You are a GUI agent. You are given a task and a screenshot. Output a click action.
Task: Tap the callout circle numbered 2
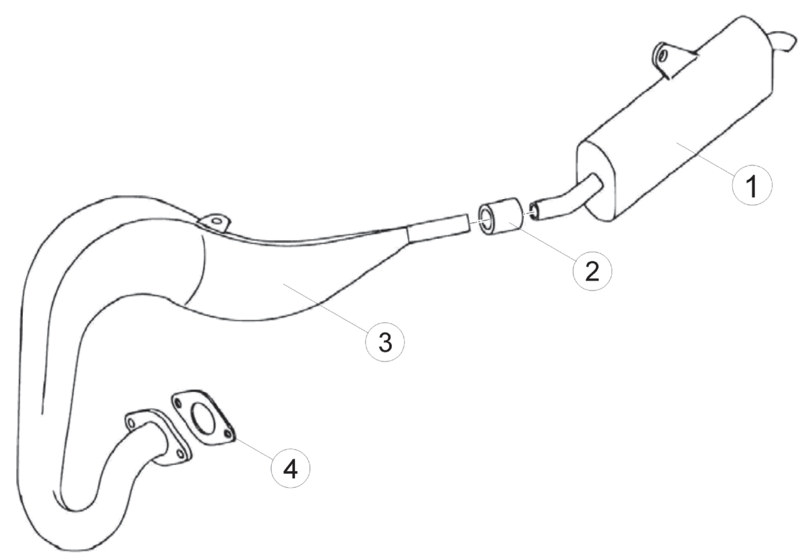[592, 271]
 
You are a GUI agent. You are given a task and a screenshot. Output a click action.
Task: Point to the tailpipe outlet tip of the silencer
[783, 40]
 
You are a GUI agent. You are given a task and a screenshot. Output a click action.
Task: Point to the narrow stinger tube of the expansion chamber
[439, 225]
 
